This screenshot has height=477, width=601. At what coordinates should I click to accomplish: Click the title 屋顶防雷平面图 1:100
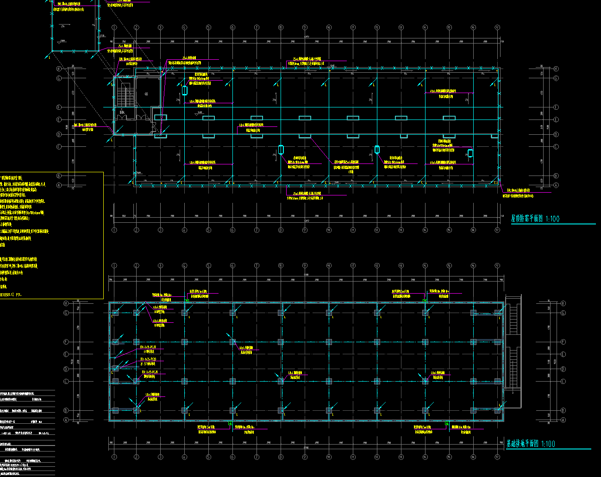[535, 219]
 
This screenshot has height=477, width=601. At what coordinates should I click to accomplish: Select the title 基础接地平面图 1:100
[530, 444]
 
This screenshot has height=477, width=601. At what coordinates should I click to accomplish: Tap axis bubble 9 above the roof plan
[305, 28]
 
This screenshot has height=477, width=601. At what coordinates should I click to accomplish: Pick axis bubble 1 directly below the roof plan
[114, 230]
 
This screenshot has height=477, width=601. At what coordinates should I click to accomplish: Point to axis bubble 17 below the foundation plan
[497, 457]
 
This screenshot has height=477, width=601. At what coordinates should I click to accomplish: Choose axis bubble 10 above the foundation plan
[329, 266]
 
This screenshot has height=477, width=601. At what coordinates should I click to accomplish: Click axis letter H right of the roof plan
[556, 69]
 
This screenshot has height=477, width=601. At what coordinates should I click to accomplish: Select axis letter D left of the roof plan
[72, 134]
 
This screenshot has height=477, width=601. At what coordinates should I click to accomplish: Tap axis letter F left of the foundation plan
[66, 342]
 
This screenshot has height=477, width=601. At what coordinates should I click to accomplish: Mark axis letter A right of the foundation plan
[563, 420]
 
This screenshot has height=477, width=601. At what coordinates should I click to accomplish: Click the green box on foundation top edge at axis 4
[187, 301]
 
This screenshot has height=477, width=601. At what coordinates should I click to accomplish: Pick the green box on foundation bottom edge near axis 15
[447, 423]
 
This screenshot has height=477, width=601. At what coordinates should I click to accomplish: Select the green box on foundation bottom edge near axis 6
[230, 423]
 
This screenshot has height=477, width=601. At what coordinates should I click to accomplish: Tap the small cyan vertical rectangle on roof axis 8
[281, 150]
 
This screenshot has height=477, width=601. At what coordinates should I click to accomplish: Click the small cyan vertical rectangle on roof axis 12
[377, 149]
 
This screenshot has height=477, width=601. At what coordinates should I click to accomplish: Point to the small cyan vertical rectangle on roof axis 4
[184, 90]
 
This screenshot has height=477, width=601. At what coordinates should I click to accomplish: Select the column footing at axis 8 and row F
[281, 342]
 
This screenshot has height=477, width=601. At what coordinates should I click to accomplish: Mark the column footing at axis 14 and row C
[425, 382]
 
